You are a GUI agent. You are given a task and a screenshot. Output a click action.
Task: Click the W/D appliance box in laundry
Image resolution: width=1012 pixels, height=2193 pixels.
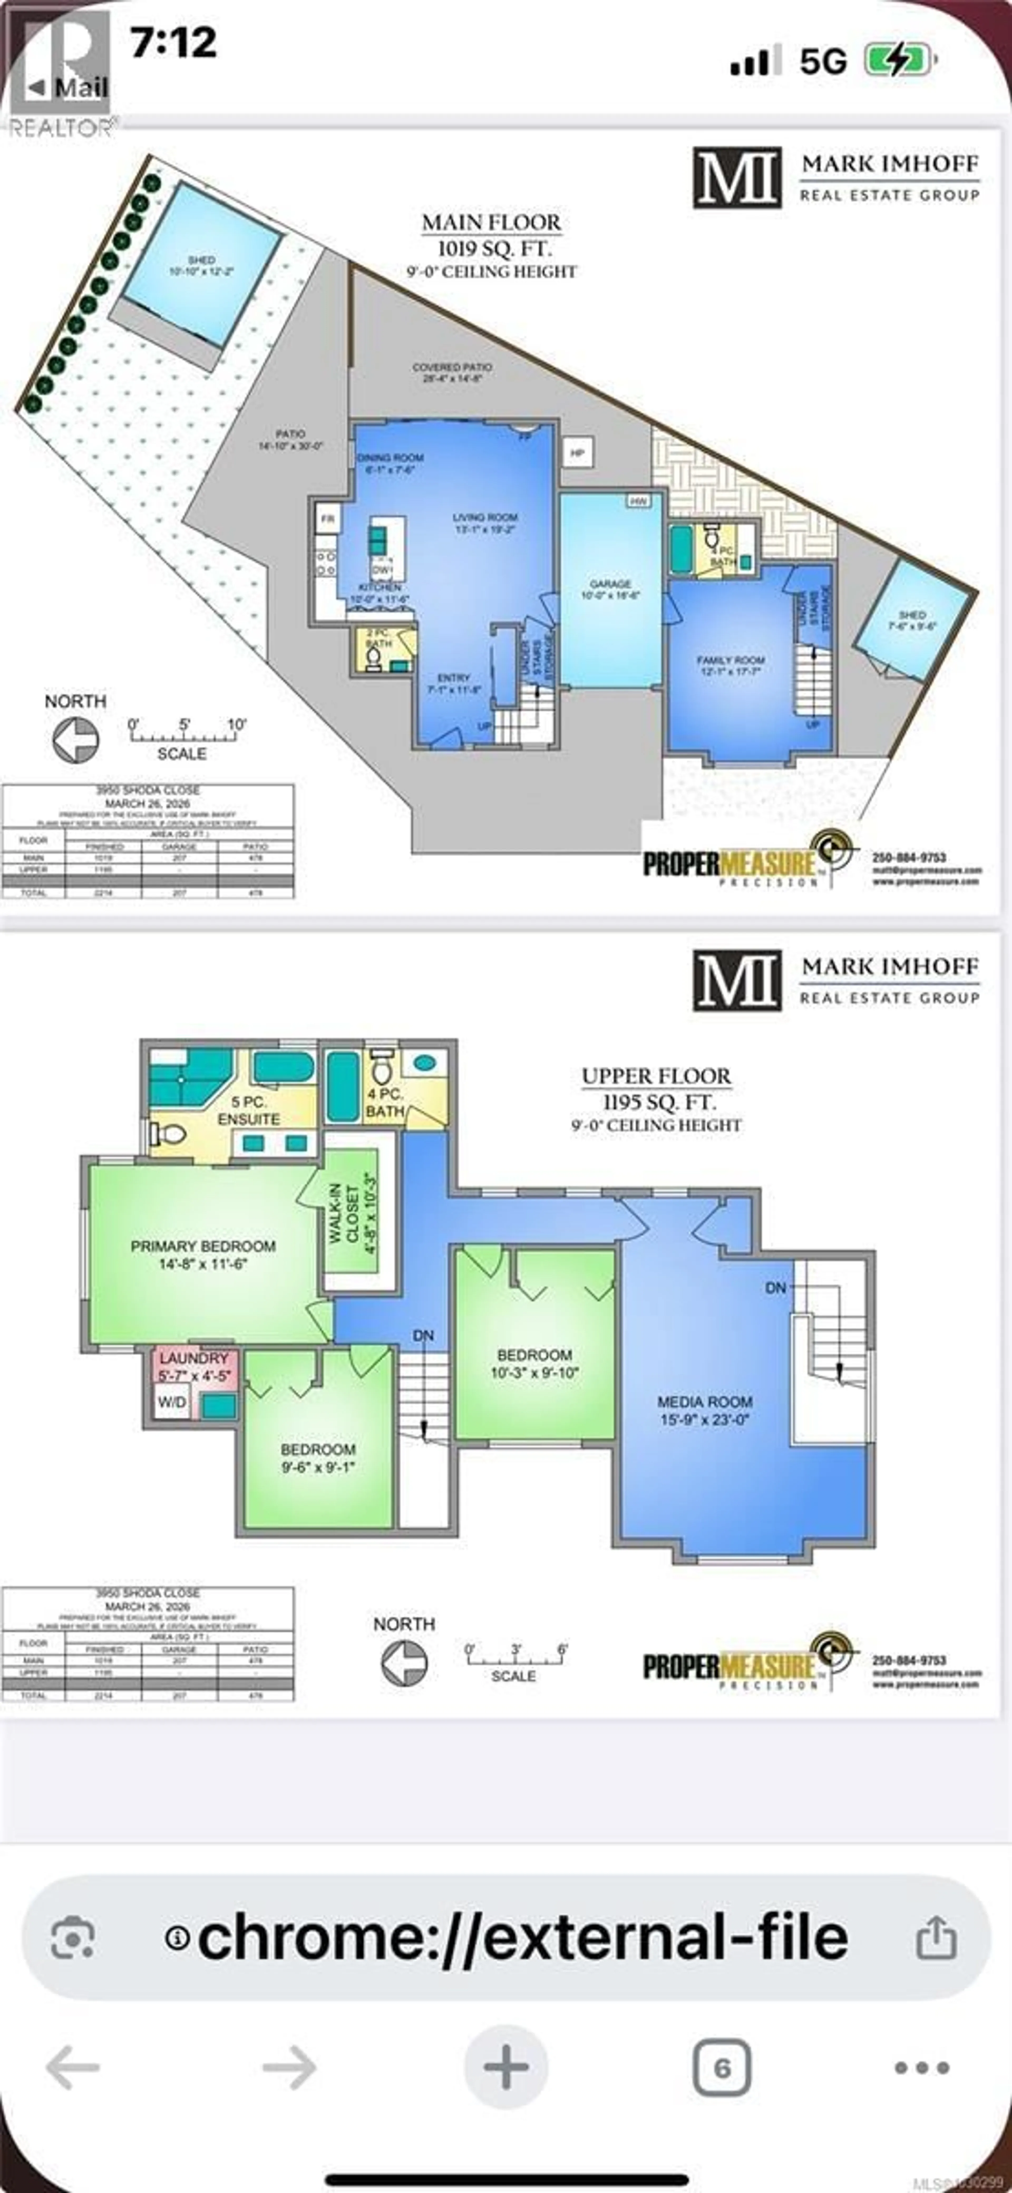[x=171, y=1402]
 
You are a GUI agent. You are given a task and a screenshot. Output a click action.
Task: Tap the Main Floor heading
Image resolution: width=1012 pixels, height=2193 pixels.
[x=491, y=223]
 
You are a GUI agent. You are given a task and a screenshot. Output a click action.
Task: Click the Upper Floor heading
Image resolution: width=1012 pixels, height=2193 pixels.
[x=655, y=1076]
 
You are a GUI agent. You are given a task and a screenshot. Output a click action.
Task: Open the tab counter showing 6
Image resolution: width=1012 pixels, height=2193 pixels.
[x=722, y=2067]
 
